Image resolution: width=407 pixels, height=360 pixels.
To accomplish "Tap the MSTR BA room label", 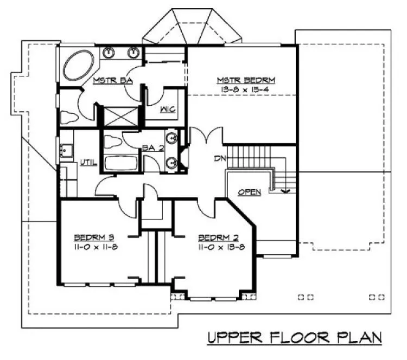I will [112, 81].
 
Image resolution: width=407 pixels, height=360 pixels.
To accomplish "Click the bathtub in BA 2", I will [121, 163].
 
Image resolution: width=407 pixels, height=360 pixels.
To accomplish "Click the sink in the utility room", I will [67, 150].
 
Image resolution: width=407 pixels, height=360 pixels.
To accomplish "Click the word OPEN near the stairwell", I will [249, 191].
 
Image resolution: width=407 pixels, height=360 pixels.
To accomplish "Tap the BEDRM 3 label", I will [93, 237].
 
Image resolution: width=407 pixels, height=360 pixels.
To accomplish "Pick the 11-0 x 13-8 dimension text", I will [218, 246].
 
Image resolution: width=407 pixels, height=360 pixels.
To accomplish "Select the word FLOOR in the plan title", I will [303, 338].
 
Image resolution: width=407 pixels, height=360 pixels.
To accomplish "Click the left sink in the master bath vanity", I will [109, 53].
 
